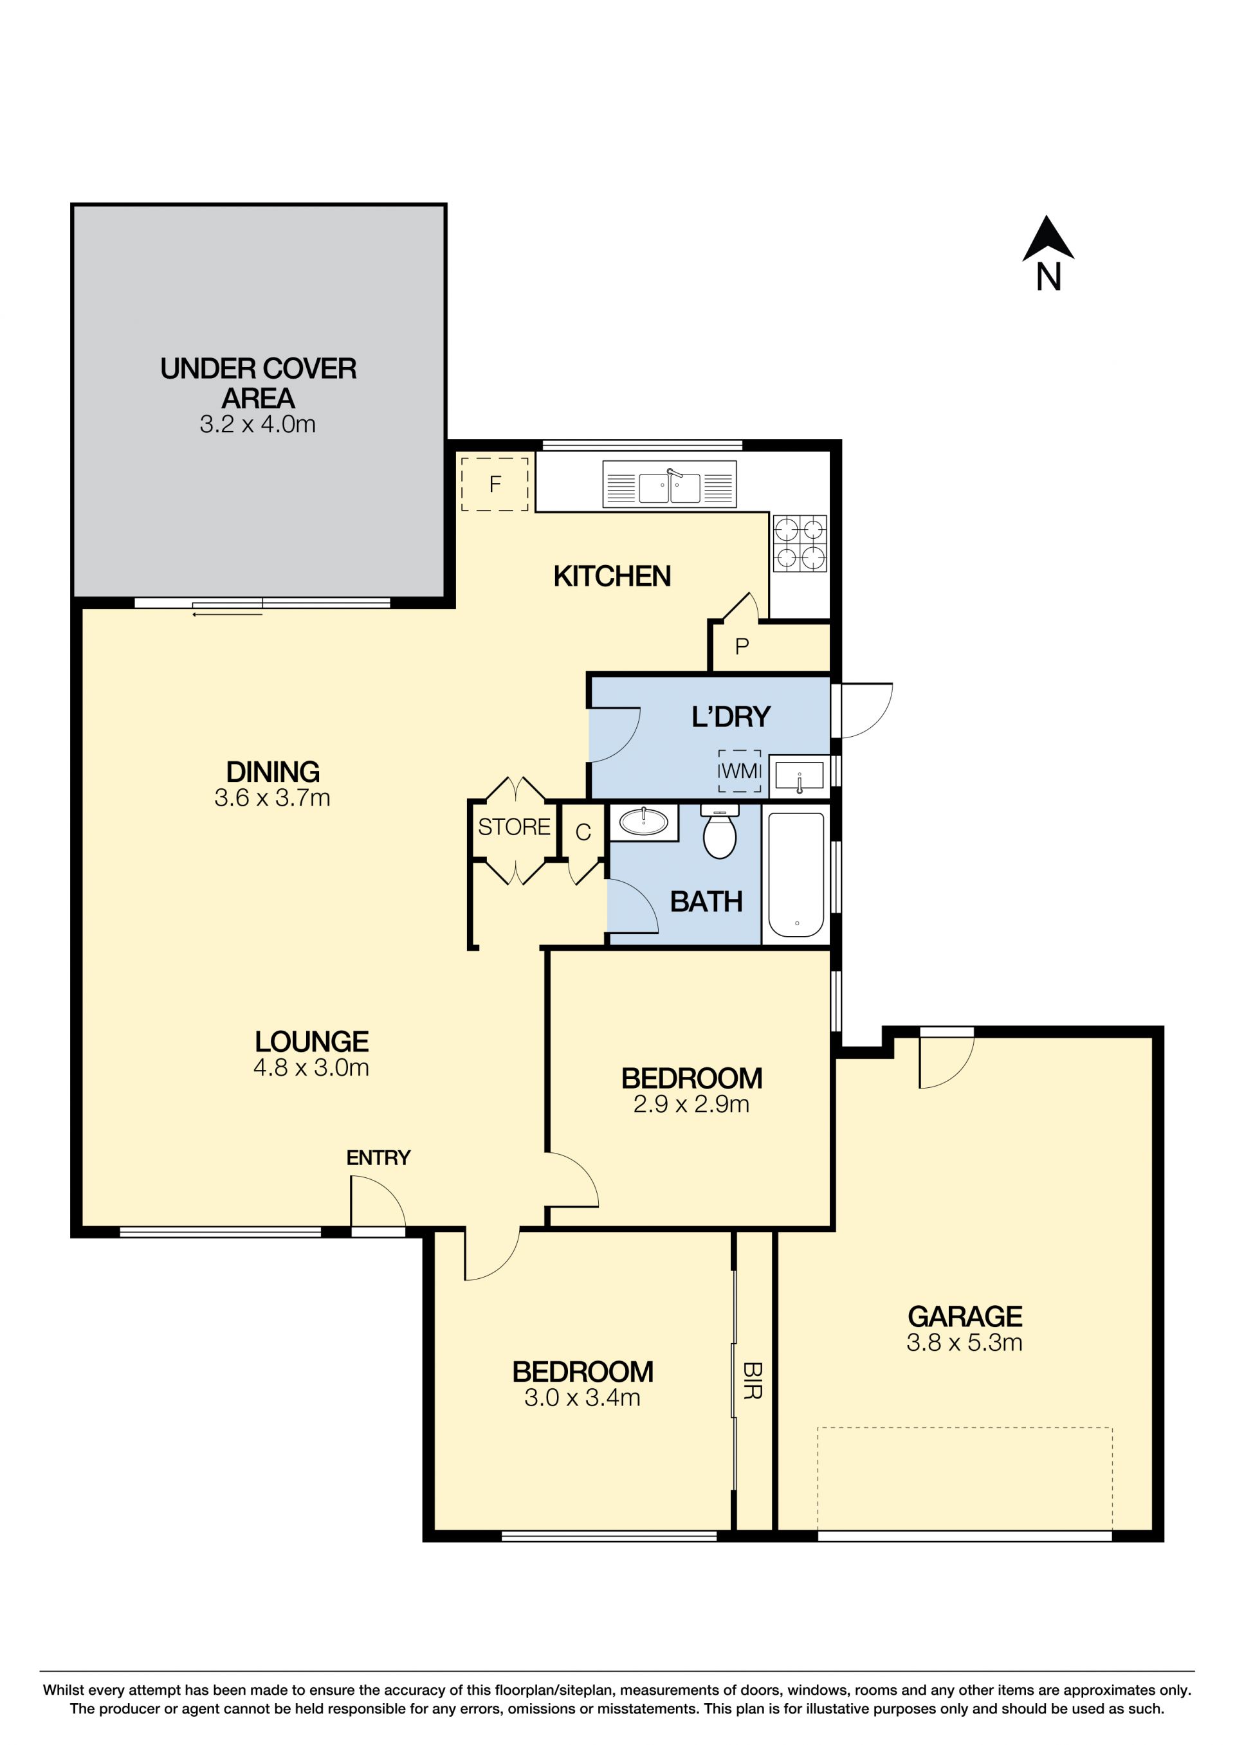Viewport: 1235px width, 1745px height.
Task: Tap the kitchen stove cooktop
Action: click(800, 543)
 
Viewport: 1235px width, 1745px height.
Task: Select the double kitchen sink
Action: click(669, 484)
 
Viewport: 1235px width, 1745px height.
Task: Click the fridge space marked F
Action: click(494, 484)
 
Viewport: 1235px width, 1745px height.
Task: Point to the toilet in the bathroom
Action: click(719, 831)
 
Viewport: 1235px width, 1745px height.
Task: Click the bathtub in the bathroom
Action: click(796, 875)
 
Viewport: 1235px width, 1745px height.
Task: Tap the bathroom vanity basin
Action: click(643, 822)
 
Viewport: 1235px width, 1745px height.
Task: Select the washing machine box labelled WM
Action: click(739, 771)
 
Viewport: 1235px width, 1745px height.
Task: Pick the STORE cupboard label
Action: click(514, 827)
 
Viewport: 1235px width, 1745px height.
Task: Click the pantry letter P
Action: click(742, 647)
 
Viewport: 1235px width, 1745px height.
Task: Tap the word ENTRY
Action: click(378, 1157)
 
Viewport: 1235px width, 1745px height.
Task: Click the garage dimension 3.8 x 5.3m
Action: click(964, 1343)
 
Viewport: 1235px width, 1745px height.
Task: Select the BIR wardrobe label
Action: click(752, 1381)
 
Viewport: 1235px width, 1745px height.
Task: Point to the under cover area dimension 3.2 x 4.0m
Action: click(258, 424)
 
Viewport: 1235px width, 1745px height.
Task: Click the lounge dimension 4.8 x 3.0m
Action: click(311, 1068)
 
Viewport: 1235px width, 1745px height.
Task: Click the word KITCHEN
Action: click(612, 576)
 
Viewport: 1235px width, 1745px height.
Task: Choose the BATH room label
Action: click(706, 901)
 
